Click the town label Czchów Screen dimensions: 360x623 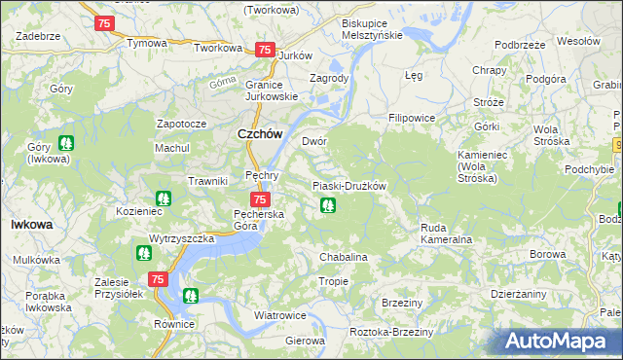tap(259, 135)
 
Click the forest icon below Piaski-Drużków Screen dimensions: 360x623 tap(328, 205)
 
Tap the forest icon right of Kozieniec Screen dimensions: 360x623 tap(164, 198)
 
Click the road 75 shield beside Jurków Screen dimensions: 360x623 tap(263, 50)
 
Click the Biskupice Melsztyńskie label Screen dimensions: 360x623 tap(372, 28)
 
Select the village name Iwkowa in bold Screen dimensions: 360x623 tap(31, 224)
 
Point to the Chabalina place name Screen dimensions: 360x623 tap(344, 257)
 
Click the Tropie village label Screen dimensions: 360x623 tap(333, 281)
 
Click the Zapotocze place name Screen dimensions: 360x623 tap(181, 125)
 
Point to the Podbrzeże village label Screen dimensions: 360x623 tap(519, 45)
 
